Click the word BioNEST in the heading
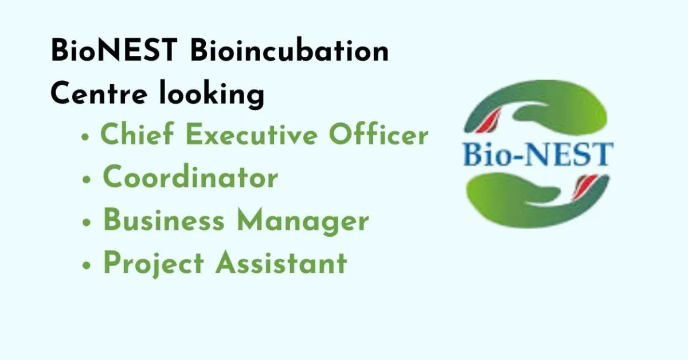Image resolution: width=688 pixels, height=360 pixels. click(x=114, y=50)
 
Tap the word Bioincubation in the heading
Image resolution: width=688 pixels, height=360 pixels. click(x=290, y=50)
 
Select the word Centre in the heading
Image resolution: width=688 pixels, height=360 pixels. click(x=99, y=93)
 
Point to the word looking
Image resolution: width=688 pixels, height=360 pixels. click(x=212, y=95)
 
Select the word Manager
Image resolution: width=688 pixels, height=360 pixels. click(x=303, y=221)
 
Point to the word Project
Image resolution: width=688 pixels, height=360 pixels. click(x=154, y=264)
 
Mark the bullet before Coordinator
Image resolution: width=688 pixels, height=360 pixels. click(x=87, y=179)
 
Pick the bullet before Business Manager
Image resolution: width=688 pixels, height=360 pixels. click(x=87, y=222)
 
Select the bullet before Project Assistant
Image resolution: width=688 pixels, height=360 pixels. click(x=87, y=265)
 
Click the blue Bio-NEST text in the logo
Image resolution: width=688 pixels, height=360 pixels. click(x=538, y=154)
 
